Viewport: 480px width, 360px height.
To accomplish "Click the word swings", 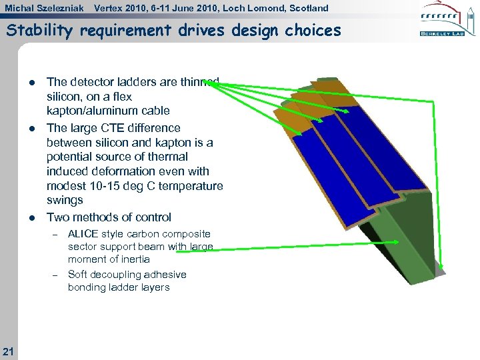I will coord(65,200).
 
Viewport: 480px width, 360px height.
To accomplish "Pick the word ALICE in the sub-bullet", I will coord(83,234).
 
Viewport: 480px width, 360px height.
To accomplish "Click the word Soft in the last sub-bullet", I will coord(79,275).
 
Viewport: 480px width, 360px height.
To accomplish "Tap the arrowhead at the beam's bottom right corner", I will coord(441,270).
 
